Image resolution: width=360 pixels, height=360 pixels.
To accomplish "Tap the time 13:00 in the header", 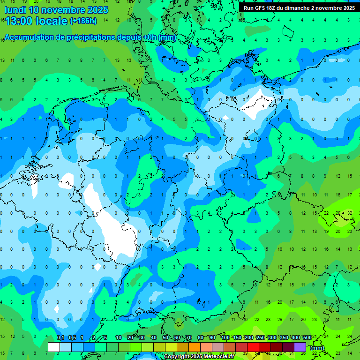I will pos(19,21).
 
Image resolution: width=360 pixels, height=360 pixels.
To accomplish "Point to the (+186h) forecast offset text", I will pos(83,21).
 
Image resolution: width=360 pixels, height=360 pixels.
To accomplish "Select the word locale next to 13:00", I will pos(53,21).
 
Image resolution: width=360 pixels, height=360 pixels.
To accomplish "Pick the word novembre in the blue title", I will pos(64,10).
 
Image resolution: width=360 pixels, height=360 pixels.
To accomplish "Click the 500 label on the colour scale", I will pos(307,337).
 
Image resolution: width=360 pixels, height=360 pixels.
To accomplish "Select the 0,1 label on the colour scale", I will pos(60,337).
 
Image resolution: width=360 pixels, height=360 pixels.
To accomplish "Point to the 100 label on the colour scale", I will pos(225,337).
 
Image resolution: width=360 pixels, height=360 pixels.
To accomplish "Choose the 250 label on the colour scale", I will pos(260,337).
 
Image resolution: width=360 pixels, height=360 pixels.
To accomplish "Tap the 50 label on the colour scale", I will pos(165,337).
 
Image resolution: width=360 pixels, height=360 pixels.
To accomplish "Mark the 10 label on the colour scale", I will pos(118,337).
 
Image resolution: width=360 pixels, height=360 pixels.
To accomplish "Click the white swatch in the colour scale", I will pos(54,347).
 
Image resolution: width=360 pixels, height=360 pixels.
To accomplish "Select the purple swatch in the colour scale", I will pos(300,347).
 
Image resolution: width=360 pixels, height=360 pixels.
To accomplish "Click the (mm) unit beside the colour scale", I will pos(317,348).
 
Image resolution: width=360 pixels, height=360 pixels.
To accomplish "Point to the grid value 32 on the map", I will pos(350,213).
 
